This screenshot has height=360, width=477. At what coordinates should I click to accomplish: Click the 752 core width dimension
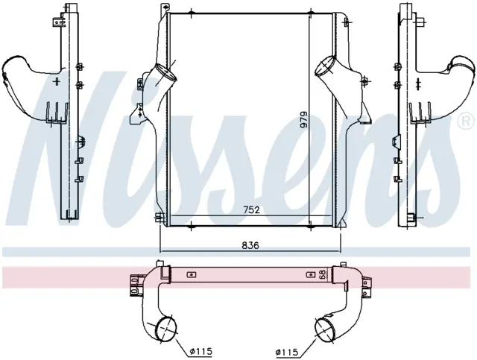click(251, 209)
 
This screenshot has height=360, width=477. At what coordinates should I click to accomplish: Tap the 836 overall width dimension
click(250, 245)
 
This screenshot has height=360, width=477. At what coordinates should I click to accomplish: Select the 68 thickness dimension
click(323, 274)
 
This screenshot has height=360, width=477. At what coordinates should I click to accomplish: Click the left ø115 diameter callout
click(200, 352)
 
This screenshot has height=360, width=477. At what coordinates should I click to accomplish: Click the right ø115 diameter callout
click(286, 352)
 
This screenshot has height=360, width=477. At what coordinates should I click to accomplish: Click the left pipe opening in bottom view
click(166, 329)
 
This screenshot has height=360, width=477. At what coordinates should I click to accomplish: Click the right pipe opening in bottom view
click(325, 329)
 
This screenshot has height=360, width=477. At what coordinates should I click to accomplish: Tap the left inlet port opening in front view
click(166, 73)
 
